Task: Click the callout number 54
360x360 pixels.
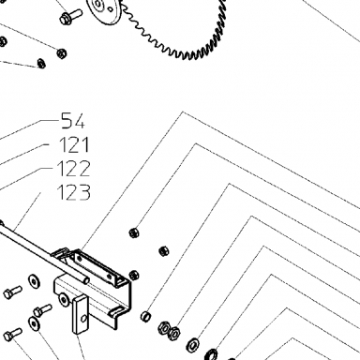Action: coord(72,121)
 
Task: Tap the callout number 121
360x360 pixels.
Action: coord(74,144)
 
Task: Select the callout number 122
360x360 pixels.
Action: coord(74,169)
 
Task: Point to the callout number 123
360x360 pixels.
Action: coord(74,192)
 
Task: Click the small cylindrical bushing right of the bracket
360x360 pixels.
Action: coord(146,316)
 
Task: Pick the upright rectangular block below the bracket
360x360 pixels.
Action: coord(81,315)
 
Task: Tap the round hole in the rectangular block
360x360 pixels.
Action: coord(83,319)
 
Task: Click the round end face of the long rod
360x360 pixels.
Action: coord(86,280)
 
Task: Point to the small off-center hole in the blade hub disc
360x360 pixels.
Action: coord(110,9)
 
